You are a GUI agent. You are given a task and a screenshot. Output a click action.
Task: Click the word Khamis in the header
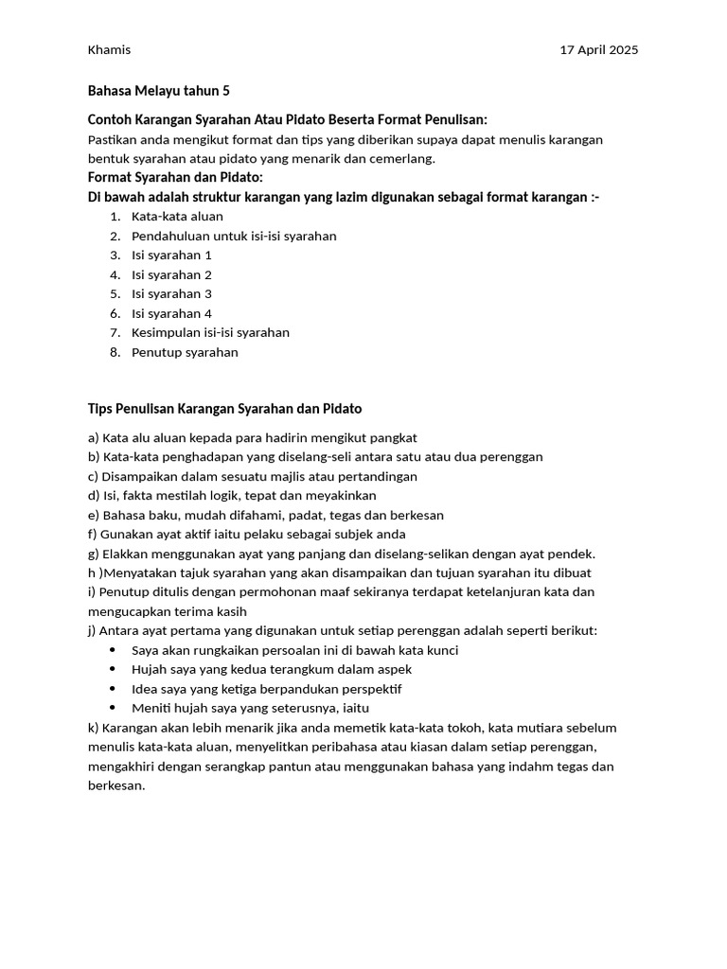click(109, 50)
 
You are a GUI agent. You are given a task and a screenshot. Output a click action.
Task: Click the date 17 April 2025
click(599, 50)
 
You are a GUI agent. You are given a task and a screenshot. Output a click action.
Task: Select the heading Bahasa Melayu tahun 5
click(158, 92)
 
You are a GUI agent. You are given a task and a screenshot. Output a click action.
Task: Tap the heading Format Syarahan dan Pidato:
click(175, 178)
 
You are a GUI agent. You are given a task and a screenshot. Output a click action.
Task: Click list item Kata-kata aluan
click(177, 217)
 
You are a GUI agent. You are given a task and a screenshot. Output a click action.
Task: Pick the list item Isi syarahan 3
click(171, 294)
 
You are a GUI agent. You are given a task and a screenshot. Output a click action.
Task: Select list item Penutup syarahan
click(185, 353)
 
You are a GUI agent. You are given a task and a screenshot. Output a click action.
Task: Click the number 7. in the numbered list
click(115, 333)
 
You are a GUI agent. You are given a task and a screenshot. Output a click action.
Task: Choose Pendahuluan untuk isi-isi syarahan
click(234, 237)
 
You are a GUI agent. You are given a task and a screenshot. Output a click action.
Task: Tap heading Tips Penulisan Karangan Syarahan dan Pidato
click(224, 409)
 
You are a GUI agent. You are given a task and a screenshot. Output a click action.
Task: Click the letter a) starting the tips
click(93, 438)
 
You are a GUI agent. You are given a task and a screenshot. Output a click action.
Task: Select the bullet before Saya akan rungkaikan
click(114, 651)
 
